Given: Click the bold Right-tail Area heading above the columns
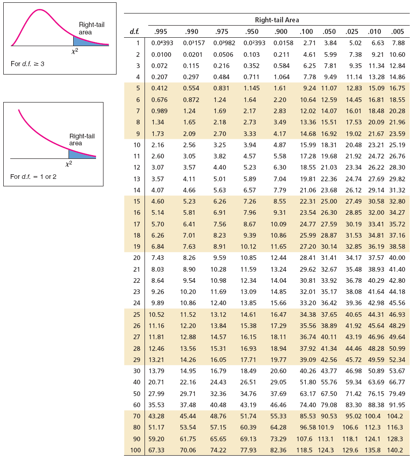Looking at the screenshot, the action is (x=277, y=20).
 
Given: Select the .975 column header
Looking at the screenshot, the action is (x=221, y=32).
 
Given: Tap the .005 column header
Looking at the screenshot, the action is (x=397, y=32).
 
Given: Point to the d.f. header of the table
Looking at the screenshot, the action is (x=134, y=32).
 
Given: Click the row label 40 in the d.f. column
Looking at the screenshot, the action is (x=137, y=382).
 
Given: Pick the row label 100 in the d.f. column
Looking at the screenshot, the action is (x=136, y=450).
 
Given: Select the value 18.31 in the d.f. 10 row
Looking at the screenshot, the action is (x=329, y=145).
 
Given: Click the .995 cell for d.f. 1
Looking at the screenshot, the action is (x=162, y=43).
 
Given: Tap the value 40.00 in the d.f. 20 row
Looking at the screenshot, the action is (x=397, y=258).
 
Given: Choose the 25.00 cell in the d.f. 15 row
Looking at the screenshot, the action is (x=329, y=201).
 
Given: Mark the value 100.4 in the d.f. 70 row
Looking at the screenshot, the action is (x=372, y=416).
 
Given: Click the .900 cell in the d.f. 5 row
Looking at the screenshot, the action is (x=280, y=88).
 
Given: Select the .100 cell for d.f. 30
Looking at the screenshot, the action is (x=308, y=371).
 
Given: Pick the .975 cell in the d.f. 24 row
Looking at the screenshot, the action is (x=218, y=303).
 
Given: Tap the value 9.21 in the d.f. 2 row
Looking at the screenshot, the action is (x=378, y=55).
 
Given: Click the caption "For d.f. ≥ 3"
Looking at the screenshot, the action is (x=28, y=64).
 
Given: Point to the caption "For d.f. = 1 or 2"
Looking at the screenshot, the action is (x=33, y=177).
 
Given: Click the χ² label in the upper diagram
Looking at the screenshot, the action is (x=75, y=51).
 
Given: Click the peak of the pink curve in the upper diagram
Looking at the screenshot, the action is (x=39, y=10).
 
